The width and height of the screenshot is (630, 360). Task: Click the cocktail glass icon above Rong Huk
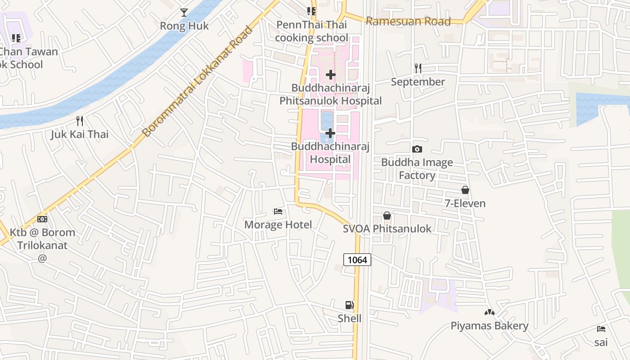(x=184, y=12)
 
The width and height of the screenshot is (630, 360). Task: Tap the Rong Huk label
(x=184, y=26)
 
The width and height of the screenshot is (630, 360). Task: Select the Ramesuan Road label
(x=408, y=21)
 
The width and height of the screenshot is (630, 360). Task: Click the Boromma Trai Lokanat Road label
(x=198, y=81)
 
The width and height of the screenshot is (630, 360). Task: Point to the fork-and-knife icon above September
(x=418, y=68)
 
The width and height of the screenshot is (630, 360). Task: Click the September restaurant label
(x=418, y=82)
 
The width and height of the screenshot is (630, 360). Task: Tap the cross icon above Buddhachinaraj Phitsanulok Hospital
(x=331, y=75)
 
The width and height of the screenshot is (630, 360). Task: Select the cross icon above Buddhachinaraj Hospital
(x=330, y=133)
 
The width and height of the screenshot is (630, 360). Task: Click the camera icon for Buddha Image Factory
(x=417, y=149)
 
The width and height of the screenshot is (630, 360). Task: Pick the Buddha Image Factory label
(x=417, y=169)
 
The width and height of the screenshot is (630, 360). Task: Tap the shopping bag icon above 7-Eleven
(x=465, y=190)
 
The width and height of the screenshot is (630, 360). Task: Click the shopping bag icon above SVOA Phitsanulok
(x=387, y=216)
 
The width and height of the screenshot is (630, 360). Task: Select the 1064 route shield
(x=357, y=260)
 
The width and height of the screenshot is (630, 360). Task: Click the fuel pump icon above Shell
(x=350, y=305)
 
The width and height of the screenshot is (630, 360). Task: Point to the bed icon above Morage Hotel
(x=278, y=211)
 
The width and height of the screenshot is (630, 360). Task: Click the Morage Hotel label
(x=278, y=225)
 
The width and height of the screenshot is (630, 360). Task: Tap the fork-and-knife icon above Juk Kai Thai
(x=80, y=121)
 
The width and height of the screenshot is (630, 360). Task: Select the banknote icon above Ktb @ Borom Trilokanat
(x=42, y=219)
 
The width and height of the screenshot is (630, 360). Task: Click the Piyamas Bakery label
(x=489, y=326)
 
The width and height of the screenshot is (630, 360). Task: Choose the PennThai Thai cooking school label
(x=311, y=31)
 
